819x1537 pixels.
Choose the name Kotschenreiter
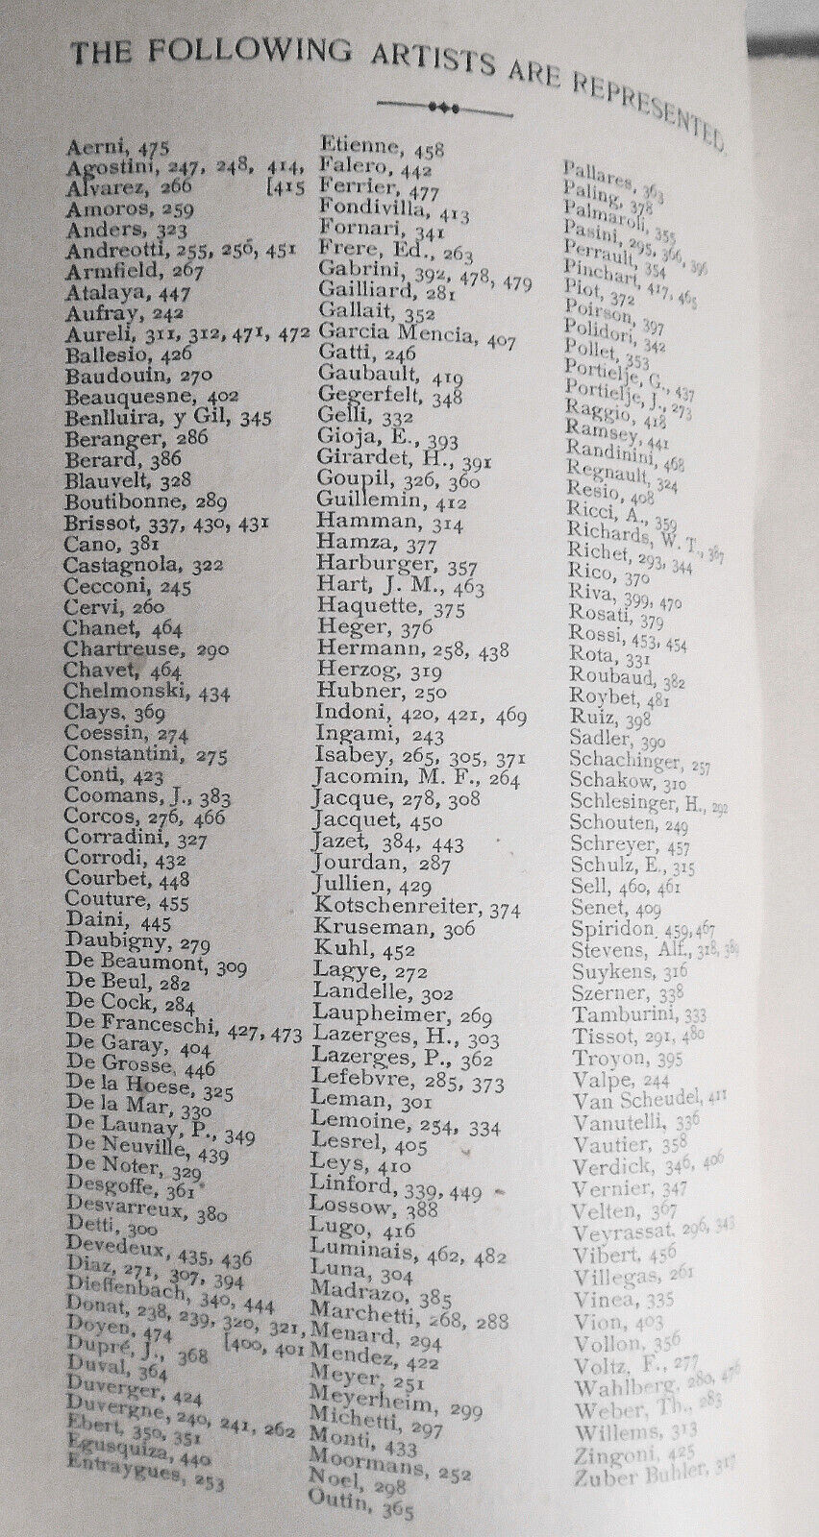point(396,907)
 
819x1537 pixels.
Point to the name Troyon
point(608,1057)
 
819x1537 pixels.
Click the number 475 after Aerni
point(153,148)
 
